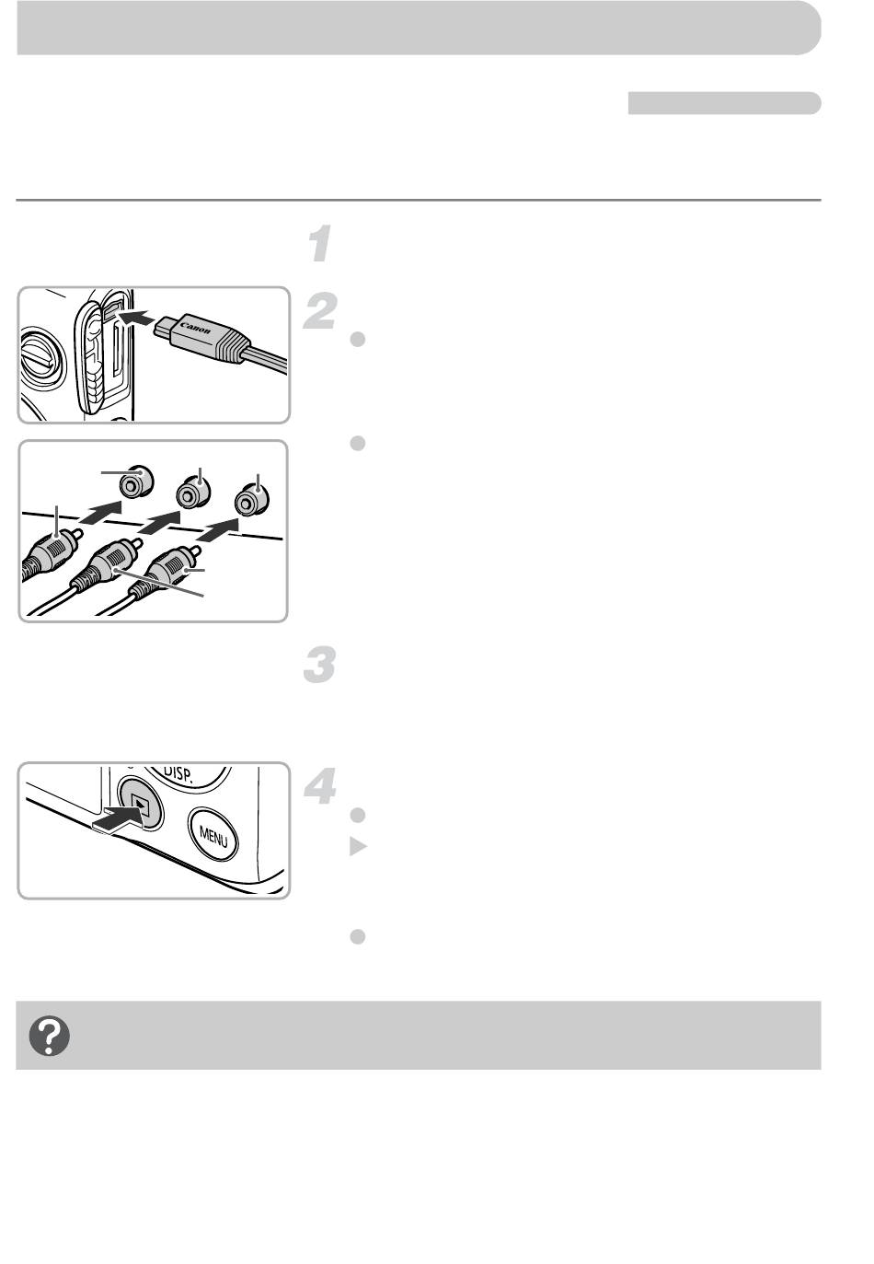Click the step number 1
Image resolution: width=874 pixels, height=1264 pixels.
319,244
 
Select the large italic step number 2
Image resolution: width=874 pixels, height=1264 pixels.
320,311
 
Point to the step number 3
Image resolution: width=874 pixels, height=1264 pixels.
320,666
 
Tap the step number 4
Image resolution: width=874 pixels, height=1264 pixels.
320,786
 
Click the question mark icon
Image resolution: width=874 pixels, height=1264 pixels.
49,1037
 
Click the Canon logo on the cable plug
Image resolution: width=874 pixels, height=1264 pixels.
195,328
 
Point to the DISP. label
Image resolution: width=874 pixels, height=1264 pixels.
178,773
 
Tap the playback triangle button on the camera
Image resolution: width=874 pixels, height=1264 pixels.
141,804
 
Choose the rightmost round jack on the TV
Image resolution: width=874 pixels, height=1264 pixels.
251,500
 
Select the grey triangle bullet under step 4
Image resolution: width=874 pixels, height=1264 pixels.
358,846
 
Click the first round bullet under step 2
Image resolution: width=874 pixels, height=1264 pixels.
358,339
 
